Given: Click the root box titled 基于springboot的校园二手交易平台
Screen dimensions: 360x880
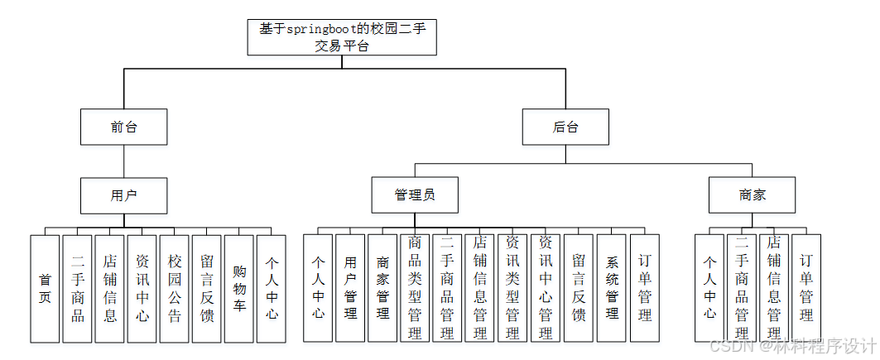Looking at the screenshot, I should click(342, 37).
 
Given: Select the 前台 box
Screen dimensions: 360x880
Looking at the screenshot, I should click(124, 127).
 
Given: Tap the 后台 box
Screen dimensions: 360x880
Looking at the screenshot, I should click(565, 127).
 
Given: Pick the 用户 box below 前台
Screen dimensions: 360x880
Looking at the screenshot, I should click(124, 196).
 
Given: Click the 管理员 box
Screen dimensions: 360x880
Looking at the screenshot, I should click(415, 196).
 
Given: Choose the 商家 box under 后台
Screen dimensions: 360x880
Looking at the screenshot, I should click(753, 196).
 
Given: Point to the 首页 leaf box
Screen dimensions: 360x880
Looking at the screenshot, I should click(45, 288).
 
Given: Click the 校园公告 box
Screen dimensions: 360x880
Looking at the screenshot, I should click(174, 288).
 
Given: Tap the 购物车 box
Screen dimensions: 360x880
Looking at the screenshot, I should click(238, 288).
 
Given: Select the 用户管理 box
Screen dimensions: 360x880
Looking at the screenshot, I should click(350, 288).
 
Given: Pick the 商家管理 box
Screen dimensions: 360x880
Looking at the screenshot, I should click(382, 288).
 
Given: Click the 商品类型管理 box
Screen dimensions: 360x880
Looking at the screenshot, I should click(415, 288).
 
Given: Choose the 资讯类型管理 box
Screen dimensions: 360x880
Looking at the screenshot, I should click(512, 288).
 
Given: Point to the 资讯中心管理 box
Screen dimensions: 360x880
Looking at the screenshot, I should click(546, 288).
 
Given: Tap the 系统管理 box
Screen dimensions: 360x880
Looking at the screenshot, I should click(612, 288).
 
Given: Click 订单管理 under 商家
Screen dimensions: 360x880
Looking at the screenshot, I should click(806, 288).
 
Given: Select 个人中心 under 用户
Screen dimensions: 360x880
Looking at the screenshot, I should click(272, 288).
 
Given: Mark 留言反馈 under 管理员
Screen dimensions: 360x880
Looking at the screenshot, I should click(579, 288).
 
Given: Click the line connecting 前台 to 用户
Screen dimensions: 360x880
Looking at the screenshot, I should click(124, 161).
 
